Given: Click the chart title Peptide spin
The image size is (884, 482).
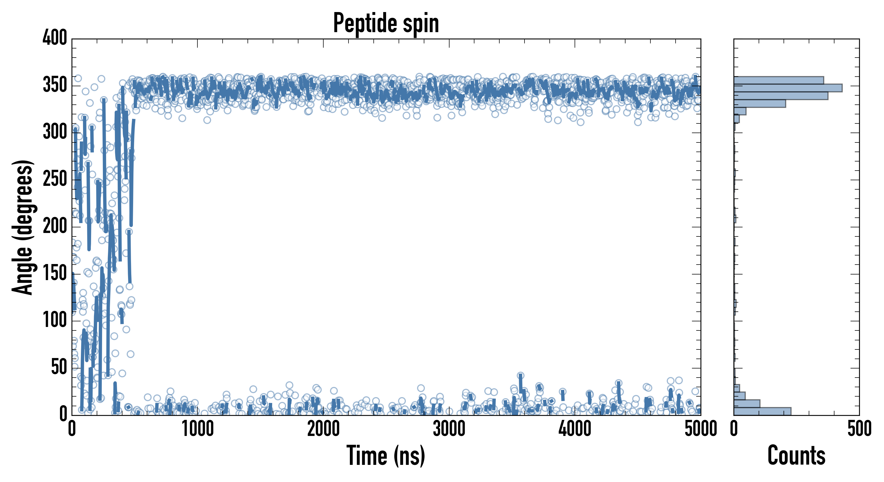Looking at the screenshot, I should [x=386, y=23].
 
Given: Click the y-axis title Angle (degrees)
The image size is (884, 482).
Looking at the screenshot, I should [x=23, y=227].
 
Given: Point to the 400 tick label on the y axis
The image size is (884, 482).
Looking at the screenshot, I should [x=55, y=37].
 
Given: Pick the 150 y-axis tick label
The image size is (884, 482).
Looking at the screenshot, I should [x=55, y=273].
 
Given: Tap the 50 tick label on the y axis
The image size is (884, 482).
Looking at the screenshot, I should [x=59, y=367].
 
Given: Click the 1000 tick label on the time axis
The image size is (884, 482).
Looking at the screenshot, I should [x=198, y=429].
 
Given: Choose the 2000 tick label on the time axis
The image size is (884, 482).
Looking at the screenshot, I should [x=323, y=429].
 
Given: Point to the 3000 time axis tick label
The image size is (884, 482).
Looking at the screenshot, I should [x=449, y=429].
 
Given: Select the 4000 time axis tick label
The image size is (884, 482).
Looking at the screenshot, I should [x=575, y=429].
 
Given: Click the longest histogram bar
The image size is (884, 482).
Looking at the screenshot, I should [x=788, y=88].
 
